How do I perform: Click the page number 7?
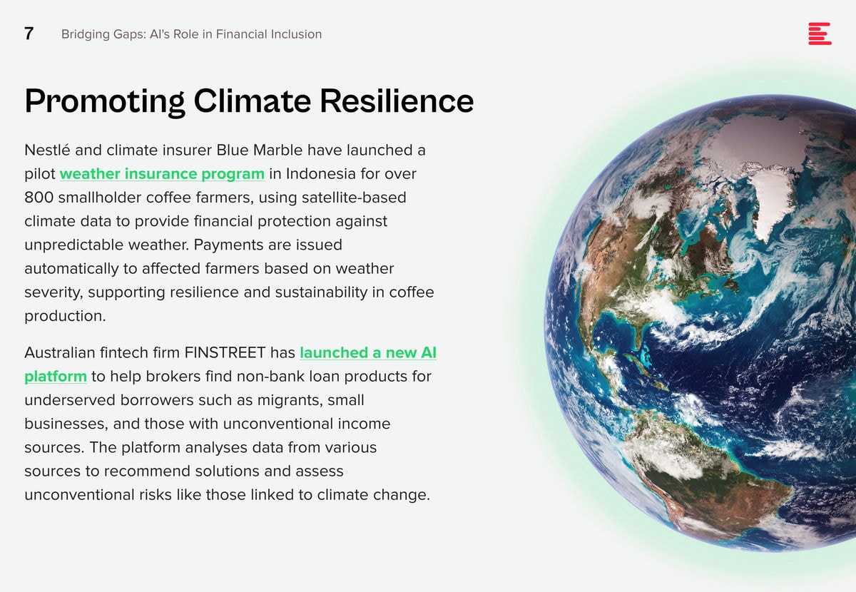pyautogui.click(x=29, y=34)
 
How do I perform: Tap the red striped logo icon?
pyautogui.click(x=820, y=34)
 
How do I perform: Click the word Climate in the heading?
pyautogui.click(x=253, y=101)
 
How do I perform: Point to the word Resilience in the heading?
pyautogui.click(x=397, y=101)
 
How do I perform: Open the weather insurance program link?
pyautogui.click(x=162, y=174)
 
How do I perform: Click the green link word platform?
pyautogui.click(x=56, y=377)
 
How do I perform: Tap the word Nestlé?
pyautogui.click(x=47, y=150)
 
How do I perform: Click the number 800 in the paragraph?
pyautogui.click(x=39, y=198)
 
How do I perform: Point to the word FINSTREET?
pyautogui.click(x=225, y=352)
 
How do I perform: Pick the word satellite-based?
pyautogui.click(x=354, y=198)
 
